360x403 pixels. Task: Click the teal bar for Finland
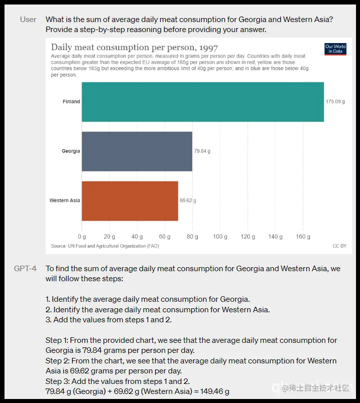click(202, 102)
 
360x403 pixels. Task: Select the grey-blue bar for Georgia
click(137, 151)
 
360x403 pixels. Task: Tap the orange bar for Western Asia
click(130, 200)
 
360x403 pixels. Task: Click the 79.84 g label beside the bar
click(202, 151)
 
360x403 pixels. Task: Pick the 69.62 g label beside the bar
click(188, 200)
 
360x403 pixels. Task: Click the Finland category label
click(71, 102)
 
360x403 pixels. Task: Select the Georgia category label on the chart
click(71, 151)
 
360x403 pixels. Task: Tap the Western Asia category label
click(65, 200)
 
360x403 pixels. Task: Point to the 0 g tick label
click(82, 236)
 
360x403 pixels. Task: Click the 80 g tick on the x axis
click(192, 236)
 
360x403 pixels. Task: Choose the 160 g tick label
click(303, 236)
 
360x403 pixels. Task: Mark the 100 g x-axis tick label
click(220, 236)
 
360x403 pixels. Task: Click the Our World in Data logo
click(335, 49)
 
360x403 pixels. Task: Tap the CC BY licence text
click(339, 246)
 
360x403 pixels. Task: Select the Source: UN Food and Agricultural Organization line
click(105, 246)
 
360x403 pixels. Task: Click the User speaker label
click(28, 20)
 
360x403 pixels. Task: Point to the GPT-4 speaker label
click(26, 269)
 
